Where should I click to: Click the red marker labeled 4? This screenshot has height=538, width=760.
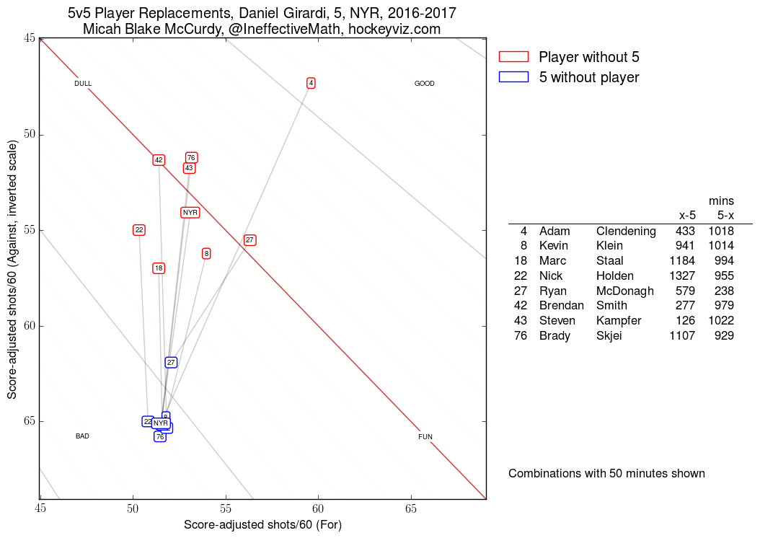pos(311,83)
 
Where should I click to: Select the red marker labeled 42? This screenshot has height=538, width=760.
pos(159,160)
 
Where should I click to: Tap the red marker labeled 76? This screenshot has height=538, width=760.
pos(191,158)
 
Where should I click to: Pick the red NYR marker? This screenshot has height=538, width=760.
pos(190,212)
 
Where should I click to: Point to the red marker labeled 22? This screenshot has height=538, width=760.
pos(139,230)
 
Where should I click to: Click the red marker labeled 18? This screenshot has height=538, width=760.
pos(159,268)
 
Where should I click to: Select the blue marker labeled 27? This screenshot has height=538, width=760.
pos(171,362)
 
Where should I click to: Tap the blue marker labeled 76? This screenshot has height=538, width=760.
pos(160,436)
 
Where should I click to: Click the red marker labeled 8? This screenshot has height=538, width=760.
pos(206,253)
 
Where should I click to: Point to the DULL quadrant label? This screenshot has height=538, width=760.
pos(83,84)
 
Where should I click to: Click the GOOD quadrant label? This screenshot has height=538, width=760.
pos(425,84)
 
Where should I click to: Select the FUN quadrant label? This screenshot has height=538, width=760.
pos(425,437)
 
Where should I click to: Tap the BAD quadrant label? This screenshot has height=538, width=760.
pos(82,436)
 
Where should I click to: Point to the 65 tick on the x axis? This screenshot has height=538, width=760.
pos(411,508)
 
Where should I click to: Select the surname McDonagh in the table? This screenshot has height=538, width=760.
pos(625,291)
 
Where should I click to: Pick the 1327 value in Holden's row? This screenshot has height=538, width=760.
pos(681,275)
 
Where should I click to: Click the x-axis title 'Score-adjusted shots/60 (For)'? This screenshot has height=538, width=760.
pos(262,525)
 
